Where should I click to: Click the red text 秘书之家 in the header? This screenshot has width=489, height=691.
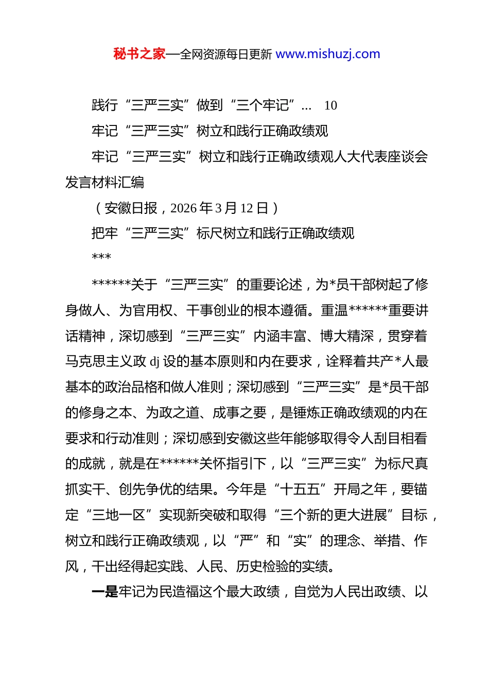click(139, 54)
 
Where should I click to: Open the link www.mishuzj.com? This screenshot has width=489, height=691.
click(328, 54)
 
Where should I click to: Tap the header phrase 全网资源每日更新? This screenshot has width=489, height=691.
click(226, 54)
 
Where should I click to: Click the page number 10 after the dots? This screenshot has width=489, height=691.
click(330, 105)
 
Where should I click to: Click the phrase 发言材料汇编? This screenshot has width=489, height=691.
click(105, 182)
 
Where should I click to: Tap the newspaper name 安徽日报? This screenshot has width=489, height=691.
click(131, 208)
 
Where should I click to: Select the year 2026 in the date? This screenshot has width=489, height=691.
click(184, 208)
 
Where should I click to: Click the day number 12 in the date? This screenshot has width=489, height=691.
click(247, 208)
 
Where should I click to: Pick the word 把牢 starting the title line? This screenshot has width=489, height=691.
click(105, 233)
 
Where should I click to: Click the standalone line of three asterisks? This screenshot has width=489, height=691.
click(101, 257)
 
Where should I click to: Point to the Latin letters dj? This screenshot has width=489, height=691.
click(154, 361)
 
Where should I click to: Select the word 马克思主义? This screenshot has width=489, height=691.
click(99, 361)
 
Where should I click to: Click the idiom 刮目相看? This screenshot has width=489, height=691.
click(400, 438)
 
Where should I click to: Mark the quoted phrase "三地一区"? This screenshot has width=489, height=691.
click(119, 515)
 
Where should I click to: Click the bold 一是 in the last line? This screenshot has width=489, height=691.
click(105, 592)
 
